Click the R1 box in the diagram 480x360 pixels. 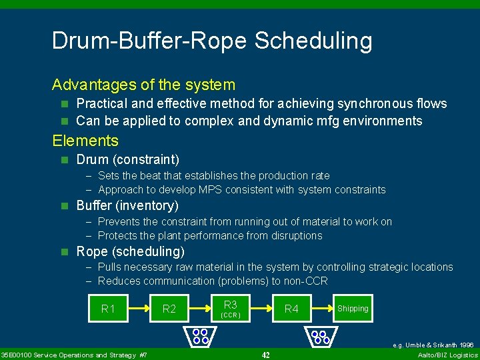[x=108, y=309]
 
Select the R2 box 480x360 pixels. [x=169, y=309]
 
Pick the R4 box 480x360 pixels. [x=291, y=309]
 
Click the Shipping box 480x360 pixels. [x=353, y=309]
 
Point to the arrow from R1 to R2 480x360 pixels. [x=139, y=309]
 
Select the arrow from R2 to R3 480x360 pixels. [x=200, y=309]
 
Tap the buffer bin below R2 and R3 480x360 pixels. [x=200, y=336]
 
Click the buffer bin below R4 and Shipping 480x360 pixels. [x=321, y=336]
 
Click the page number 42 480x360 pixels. [x=265, y=355]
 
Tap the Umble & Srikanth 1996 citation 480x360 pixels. [x=433, y=345]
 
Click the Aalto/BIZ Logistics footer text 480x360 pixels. [x=445, y=355]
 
